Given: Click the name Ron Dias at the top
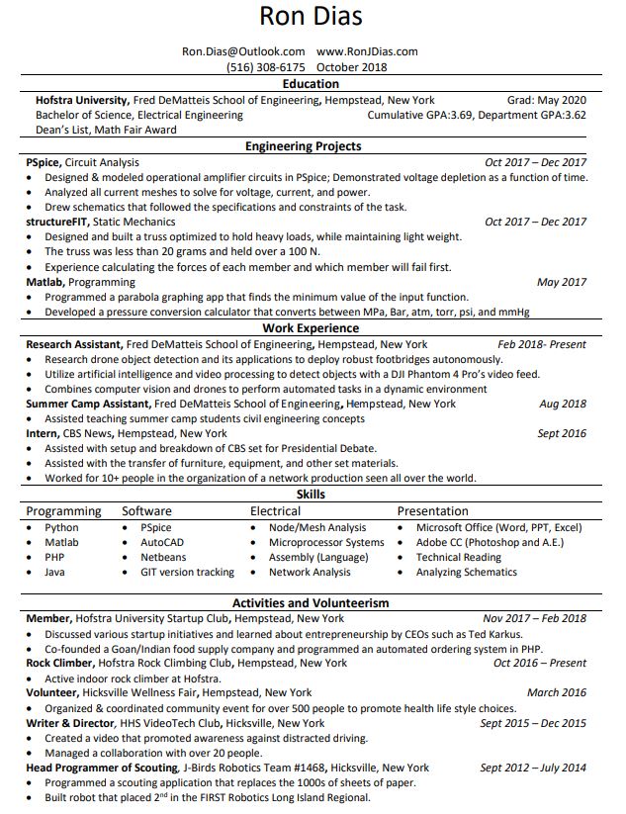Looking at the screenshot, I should [311, 18].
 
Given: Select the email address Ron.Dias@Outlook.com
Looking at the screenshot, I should [243, 51].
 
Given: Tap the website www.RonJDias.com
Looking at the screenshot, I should [367, 51].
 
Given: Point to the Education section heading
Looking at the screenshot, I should [311, 84].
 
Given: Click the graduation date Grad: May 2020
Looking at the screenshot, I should [546, 100].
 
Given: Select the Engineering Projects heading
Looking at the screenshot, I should [304, 146].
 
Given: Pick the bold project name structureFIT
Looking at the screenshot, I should [56, 223].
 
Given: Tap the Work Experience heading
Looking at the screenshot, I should [311, 328].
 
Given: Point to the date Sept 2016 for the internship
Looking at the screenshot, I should [561, 433].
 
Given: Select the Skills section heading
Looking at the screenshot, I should [311, 495].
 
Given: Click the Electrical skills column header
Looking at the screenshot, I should [275, 511].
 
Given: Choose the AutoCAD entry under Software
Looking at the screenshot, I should [161, 543].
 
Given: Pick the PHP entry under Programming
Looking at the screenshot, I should [54, 558].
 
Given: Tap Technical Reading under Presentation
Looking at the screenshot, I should [458, 558].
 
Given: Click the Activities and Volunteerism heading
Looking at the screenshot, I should [311, 602].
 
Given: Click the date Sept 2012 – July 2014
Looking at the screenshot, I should [533, 768].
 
